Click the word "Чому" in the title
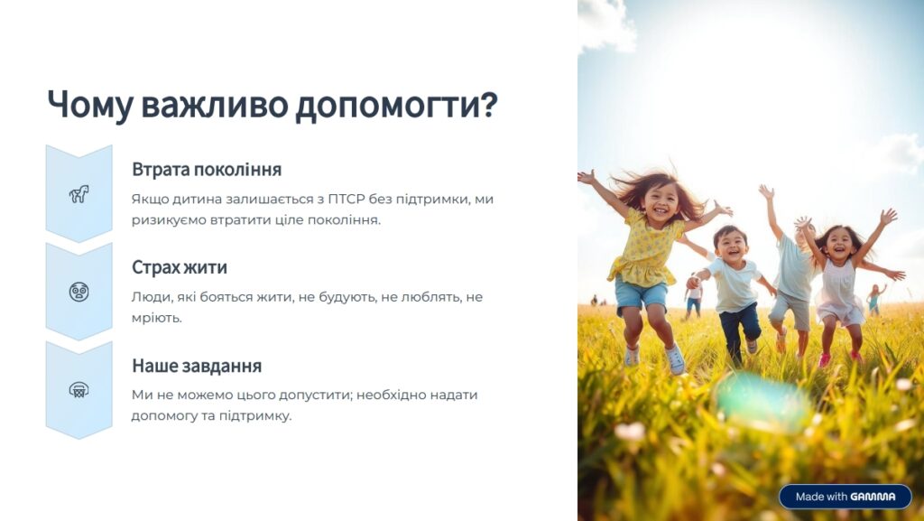[90, 105]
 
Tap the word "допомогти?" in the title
[396, 105]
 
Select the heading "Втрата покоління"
[207, 169]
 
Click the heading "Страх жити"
[180, 267]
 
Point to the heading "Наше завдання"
[197, 366]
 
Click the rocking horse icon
[79, 194]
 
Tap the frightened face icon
[79, 292]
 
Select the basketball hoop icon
[79, 389]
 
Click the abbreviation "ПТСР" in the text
[346, 200]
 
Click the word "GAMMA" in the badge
[873, 497]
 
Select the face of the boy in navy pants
[731, 245]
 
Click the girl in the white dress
[840, 283]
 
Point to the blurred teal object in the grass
[763, 401]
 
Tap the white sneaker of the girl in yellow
[675, 358]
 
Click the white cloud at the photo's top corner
[605, 23]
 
